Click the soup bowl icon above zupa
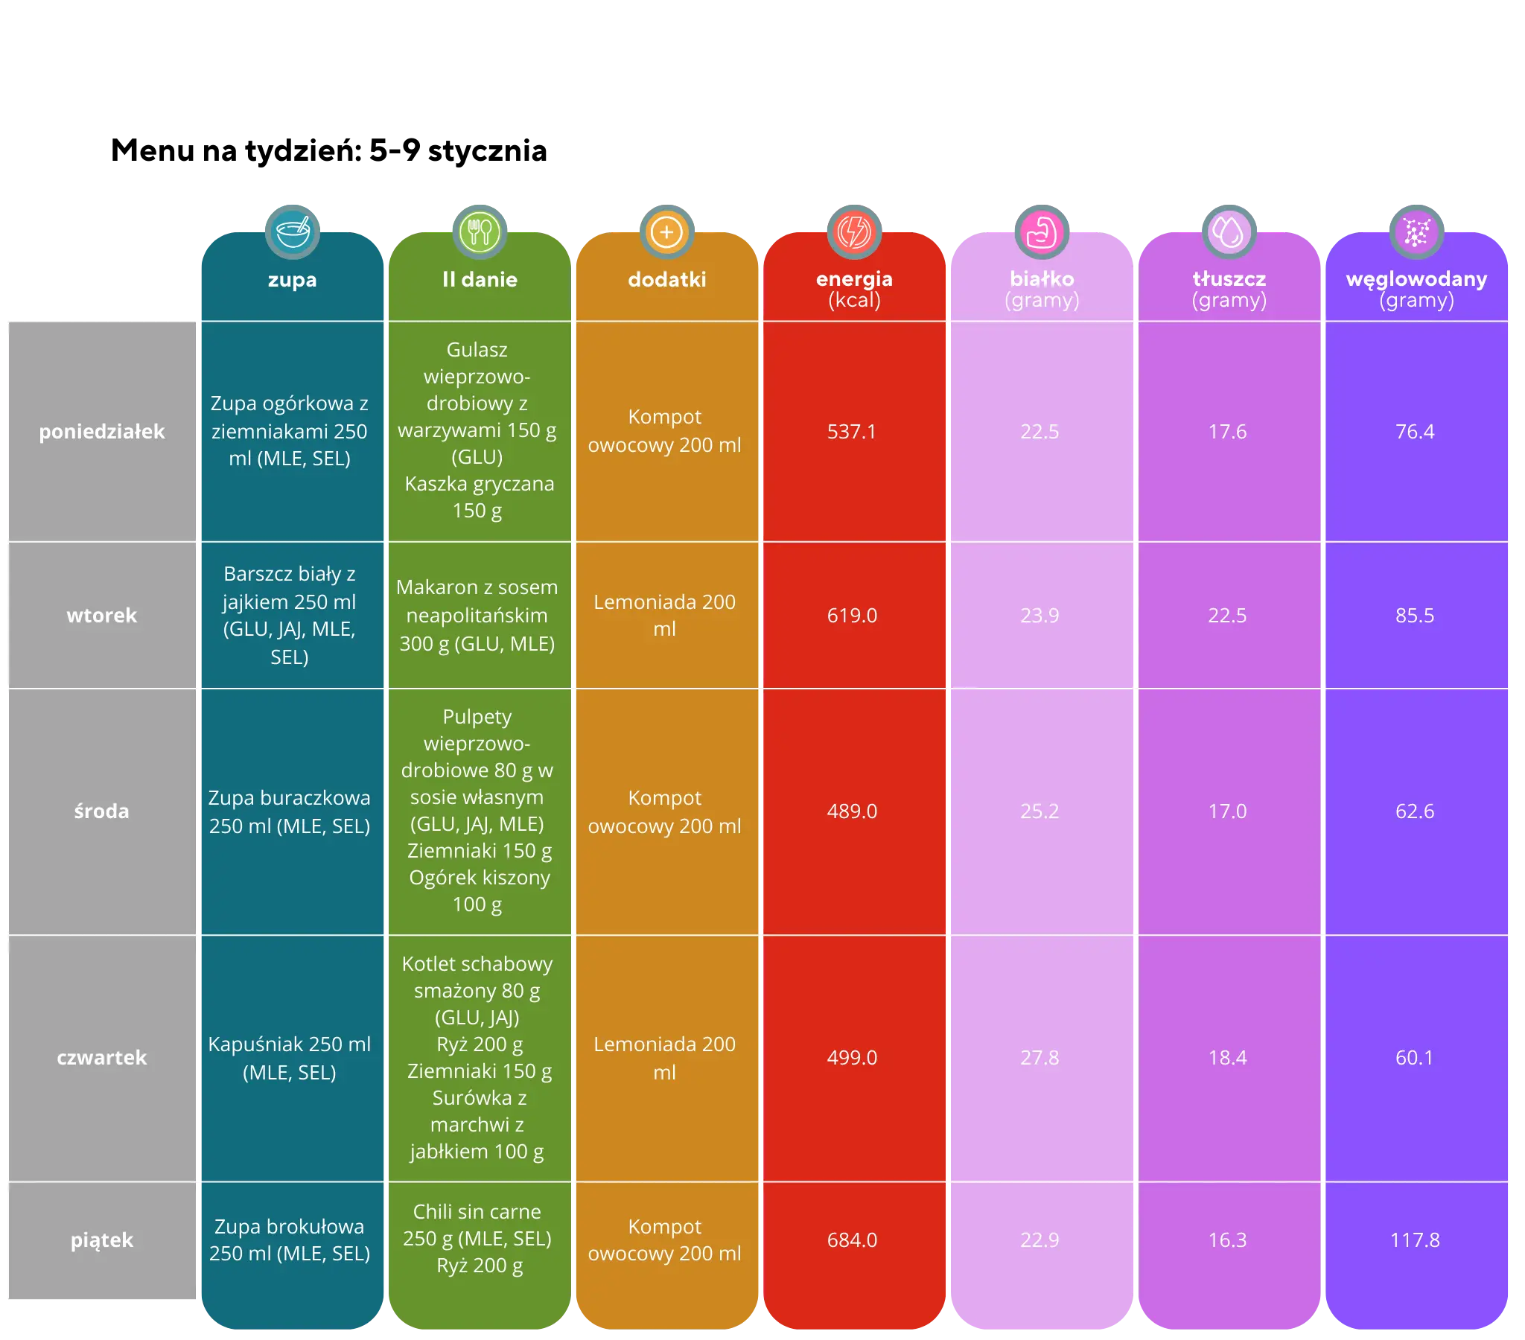tap(292, 232)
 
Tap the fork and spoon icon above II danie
tap(480, 232)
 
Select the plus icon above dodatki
tap(666, 232)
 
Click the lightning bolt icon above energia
tap(854, 232)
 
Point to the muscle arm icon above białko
tap(1042, 232)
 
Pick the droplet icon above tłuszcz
tap(1229, 232)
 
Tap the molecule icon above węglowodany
tap(1416, 232)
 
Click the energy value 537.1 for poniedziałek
tap(851, 431)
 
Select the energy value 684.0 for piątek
tap(851, 1240)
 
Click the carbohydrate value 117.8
tap(1415, 1240)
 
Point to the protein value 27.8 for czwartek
tap(1040, 1057)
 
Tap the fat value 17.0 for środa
tap(1227, 811)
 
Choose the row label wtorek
tap(101, 616)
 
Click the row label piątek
tap(101, 1240)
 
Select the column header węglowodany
tap(1416, 279)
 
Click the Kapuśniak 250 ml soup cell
tap(290, 1057)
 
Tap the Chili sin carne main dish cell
tap(477, 1239)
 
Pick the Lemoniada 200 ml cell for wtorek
tap(665, 616)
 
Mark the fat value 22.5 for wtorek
tap(1227, 616)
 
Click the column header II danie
tap(480, 280)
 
